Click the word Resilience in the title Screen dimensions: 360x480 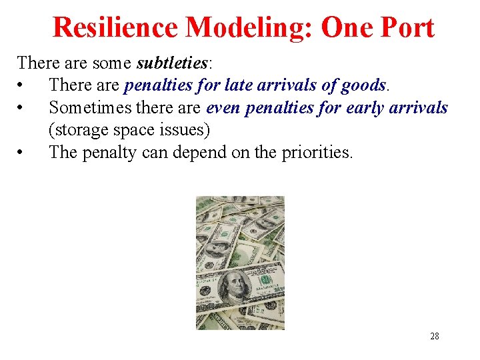pos(115,27)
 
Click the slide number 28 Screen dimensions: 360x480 pos(435,337)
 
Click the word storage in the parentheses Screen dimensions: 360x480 pos(77,129)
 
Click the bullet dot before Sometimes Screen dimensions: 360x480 pos(22,108)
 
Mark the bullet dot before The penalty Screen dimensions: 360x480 pos(22,152)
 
